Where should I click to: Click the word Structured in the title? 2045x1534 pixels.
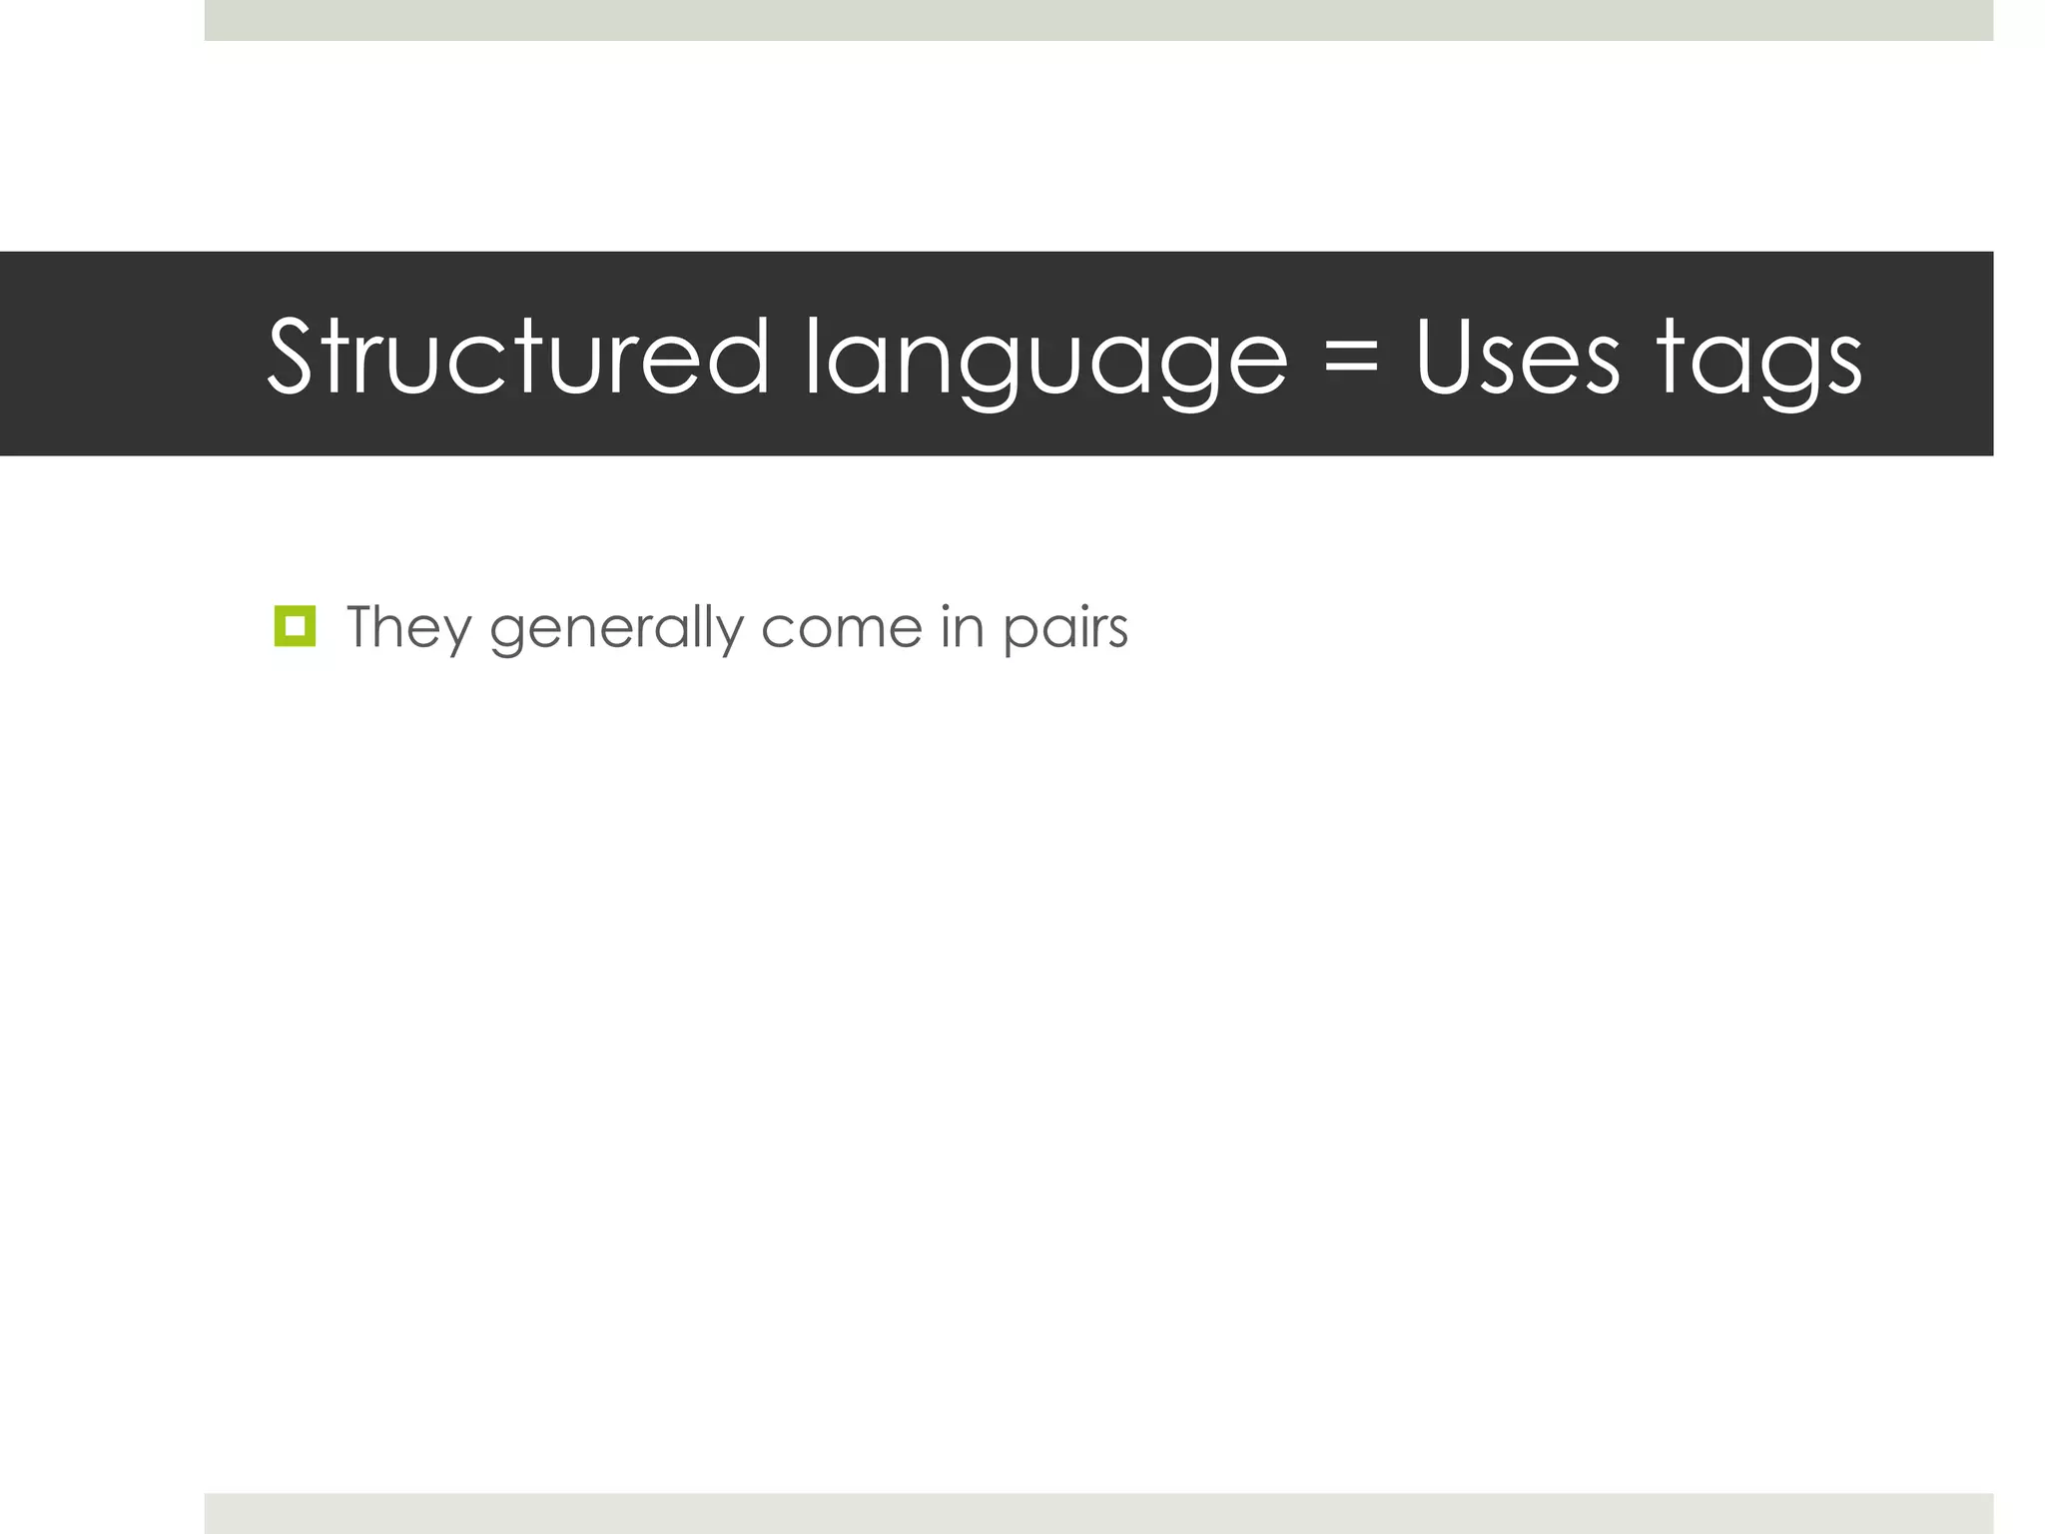pyautogui.click(x=518, y=358)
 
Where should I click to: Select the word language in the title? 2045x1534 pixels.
pyautogui.click(x=1045, y=360)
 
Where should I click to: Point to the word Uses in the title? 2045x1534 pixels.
pyautogui.click(x=1517, y=358)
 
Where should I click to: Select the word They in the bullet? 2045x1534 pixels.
pyautogui.click(x=408, y=629)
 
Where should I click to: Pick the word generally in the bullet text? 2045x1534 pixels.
pyautogui.click(x=616, y=629)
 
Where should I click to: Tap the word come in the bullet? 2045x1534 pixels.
pyautogui.click(x=841, y=629)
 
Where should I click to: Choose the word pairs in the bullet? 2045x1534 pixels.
pyautogui.click(x=1065, y=629)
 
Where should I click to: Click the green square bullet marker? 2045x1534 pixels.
pyautogui.click(x=295, y=626)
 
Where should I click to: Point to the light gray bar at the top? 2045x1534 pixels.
pyautogui.click(x=1098, y=20)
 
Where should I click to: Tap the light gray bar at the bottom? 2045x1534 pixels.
pyautogui.click(x=1098, y=1513)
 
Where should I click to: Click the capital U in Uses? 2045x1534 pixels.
pyautogui.click(x=1450, y=358)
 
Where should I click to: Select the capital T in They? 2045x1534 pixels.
pyautogui.click(x=364, y=627)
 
